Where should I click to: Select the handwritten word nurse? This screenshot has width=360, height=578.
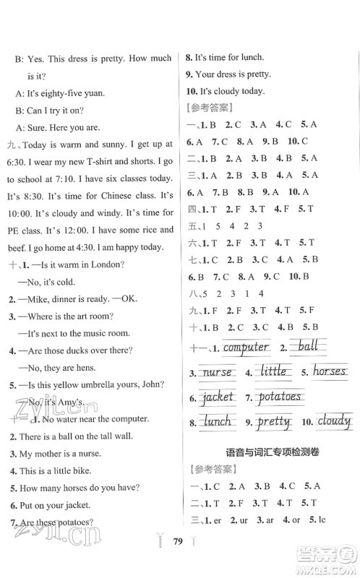[217, 372]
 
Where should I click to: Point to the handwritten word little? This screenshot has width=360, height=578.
[273, 372]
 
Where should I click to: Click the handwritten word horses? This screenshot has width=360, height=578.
[330, 372]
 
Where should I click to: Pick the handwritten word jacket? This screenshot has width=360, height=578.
[219, 396]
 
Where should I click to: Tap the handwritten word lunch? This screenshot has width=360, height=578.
[217, 420]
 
